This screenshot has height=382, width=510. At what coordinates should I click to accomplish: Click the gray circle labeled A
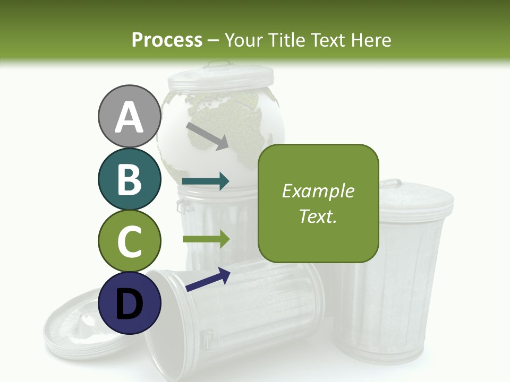click(x=129, y=116)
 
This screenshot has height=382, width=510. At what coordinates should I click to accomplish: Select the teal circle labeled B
click(x=129, y=179)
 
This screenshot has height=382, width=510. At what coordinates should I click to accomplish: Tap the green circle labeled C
click(x=129, y=241)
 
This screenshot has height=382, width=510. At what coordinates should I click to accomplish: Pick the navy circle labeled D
click(x=129, y=303)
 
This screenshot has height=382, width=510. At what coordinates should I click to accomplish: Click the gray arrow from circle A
click(x=207, y=136)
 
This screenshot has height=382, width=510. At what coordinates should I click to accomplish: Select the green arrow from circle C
click(x=206, y=239)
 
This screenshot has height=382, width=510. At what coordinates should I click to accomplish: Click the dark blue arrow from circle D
click(x=208, y=280)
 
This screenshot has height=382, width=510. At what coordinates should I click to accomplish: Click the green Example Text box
click(x=318, y=203)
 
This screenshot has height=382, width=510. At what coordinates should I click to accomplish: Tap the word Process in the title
click(x=167, y=40)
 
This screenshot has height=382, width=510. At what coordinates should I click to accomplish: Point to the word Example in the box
click(x=318, y=191)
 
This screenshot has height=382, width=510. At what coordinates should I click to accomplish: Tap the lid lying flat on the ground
click(x=74, y=329)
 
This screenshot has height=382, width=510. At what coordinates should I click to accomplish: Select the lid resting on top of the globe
click(x=220, y=79)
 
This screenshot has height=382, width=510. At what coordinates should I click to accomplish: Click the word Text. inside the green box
click(x=318, y=216)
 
